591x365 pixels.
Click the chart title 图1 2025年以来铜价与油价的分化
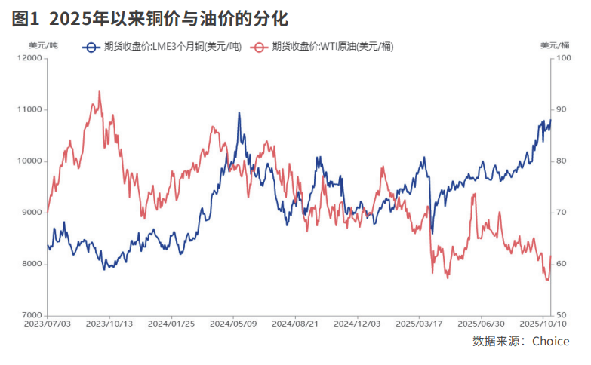pyautogui.click(x=150, y=17)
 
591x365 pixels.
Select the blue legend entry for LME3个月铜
pyautogui.click(x=162, y=47)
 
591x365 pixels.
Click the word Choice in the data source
pyautogui.click(x=550, y=342)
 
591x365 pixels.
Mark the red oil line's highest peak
pyautogui.click(x=100, y=91)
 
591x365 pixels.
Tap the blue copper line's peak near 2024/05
pyautogui.click(x=239, y=113)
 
